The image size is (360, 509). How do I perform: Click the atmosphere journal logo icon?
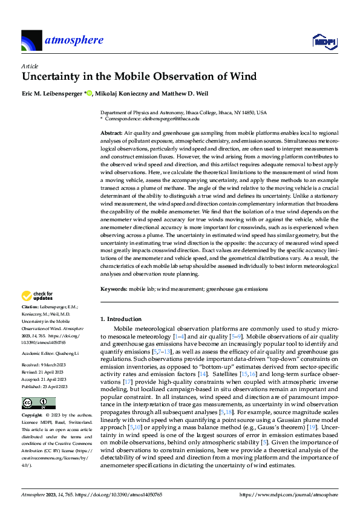point(31,41)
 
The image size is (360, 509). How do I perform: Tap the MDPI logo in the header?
point(324,41)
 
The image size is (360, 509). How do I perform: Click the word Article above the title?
point(30,65)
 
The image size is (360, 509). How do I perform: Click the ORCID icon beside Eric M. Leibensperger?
point(90,93)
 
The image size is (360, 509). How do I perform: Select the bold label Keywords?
point(114,289)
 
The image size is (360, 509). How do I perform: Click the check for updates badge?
point(37,297)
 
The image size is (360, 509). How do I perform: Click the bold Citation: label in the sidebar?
point(31,308)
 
